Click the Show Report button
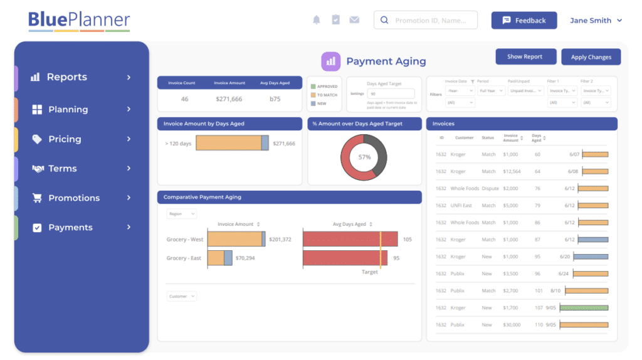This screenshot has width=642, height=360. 525,56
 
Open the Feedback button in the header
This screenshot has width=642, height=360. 524,21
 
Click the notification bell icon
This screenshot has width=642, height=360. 317,20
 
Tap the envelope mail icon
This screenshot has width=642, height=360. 354,20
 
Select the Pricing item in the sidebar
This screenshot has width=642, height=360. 65,139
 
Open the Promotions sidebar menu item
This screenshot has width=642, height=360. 74,198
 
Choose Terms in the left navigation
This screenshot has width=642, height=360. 63,169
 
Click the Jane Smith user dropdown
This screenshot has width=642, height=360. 596,21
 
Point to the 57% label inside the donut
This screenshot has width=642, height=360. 364,157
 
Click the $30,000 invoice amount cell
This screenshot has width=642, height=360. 512,325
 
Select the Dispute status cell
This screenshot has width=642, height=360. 490,188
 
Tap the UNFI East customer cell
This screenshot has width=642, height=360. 461,205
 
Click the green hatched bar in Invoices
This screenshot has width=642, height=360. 584,308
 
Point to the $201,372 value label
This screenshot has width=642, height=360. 280,239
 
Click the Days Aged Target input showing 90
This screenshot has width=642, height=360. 391,93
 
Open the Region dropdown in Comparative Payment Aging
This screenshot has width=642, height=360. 181,214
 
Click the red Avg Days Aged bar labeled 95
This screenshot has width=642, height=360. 345,258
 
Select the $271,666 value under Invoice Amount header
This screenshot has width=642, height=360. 229,99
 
